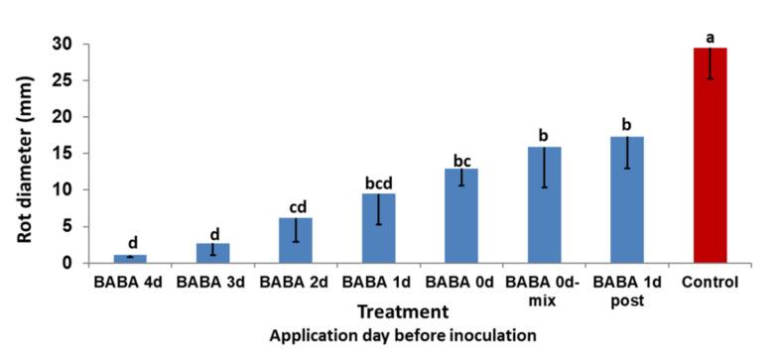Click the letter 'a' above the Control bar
pos(710,37)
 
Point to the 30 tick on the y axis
pos(63,44)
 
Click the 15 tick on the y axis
pos(63,154)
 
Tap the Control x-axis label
pos(710,283)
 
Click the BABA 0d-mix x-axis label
pos(545,290)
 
